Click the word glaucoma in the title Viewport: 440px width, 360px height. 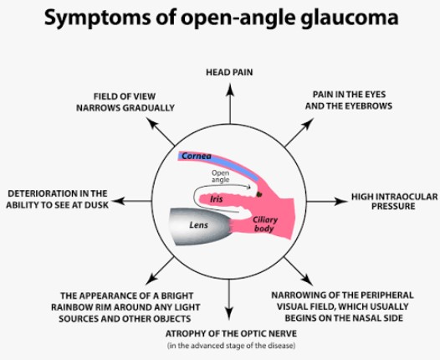coord(350,18)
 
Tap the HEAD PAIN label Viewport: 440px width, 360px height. coord(229,73)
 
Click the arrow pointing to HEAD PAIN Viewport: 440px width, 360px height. coord(230,103)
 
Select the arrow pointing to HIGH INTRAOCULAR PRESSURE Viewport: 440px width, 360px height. coord(327,201)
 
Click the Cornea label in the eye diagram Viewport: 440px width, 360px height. coord(196,156)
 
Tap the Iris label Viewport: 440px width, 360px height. coord(217,199)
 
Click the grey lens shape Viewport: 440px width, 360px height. coord(200,227)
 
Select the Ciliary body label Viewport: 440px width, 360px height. coord(264,224)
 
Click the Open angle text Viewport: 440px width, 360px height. coord(220,177)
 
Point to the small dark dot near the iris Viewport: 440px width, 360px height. coord(259,193)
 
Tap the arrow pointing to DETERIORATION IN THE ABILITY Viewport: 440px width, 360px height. coord(132,201)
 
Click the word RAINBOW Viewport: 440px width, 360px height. coord(72,307)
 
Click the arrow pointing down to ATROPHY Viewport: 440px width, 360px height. coord(229,300)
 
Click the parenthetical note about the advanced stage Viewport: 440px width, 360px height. coord(231,346)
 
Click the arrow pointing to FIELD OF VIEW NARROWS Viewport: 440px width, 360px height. coord(161,131)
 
